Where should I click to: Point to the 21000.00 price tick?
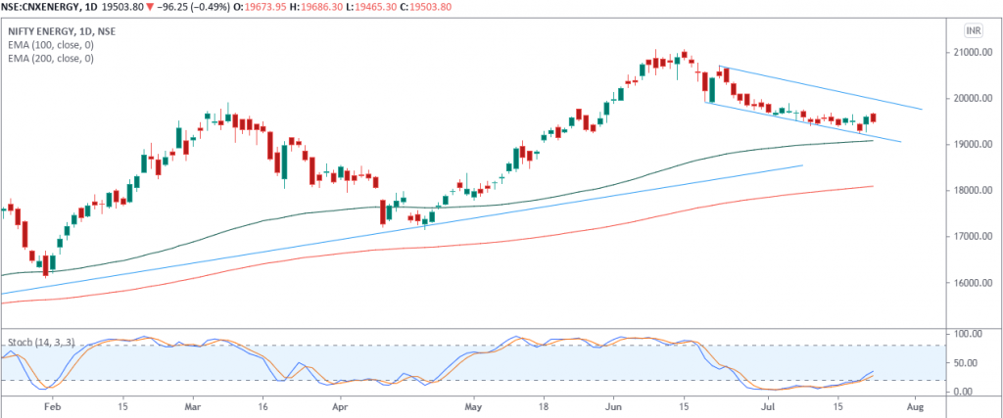tap(976, 52)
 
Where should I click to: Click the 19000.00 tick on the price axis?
tap(976, 144)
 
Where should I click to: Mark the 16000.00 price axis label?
tap(976, 283)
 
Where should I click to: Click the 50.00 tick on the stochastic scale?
tap(974, 363)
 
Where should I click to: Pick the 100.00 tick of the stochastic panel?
tap(974, 334)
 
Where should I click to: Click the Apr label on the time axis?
tap(339, 404)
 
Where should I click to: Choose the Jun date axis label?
tap(616, 404)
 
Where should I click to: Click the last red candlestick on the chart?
tap(872, 117)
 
